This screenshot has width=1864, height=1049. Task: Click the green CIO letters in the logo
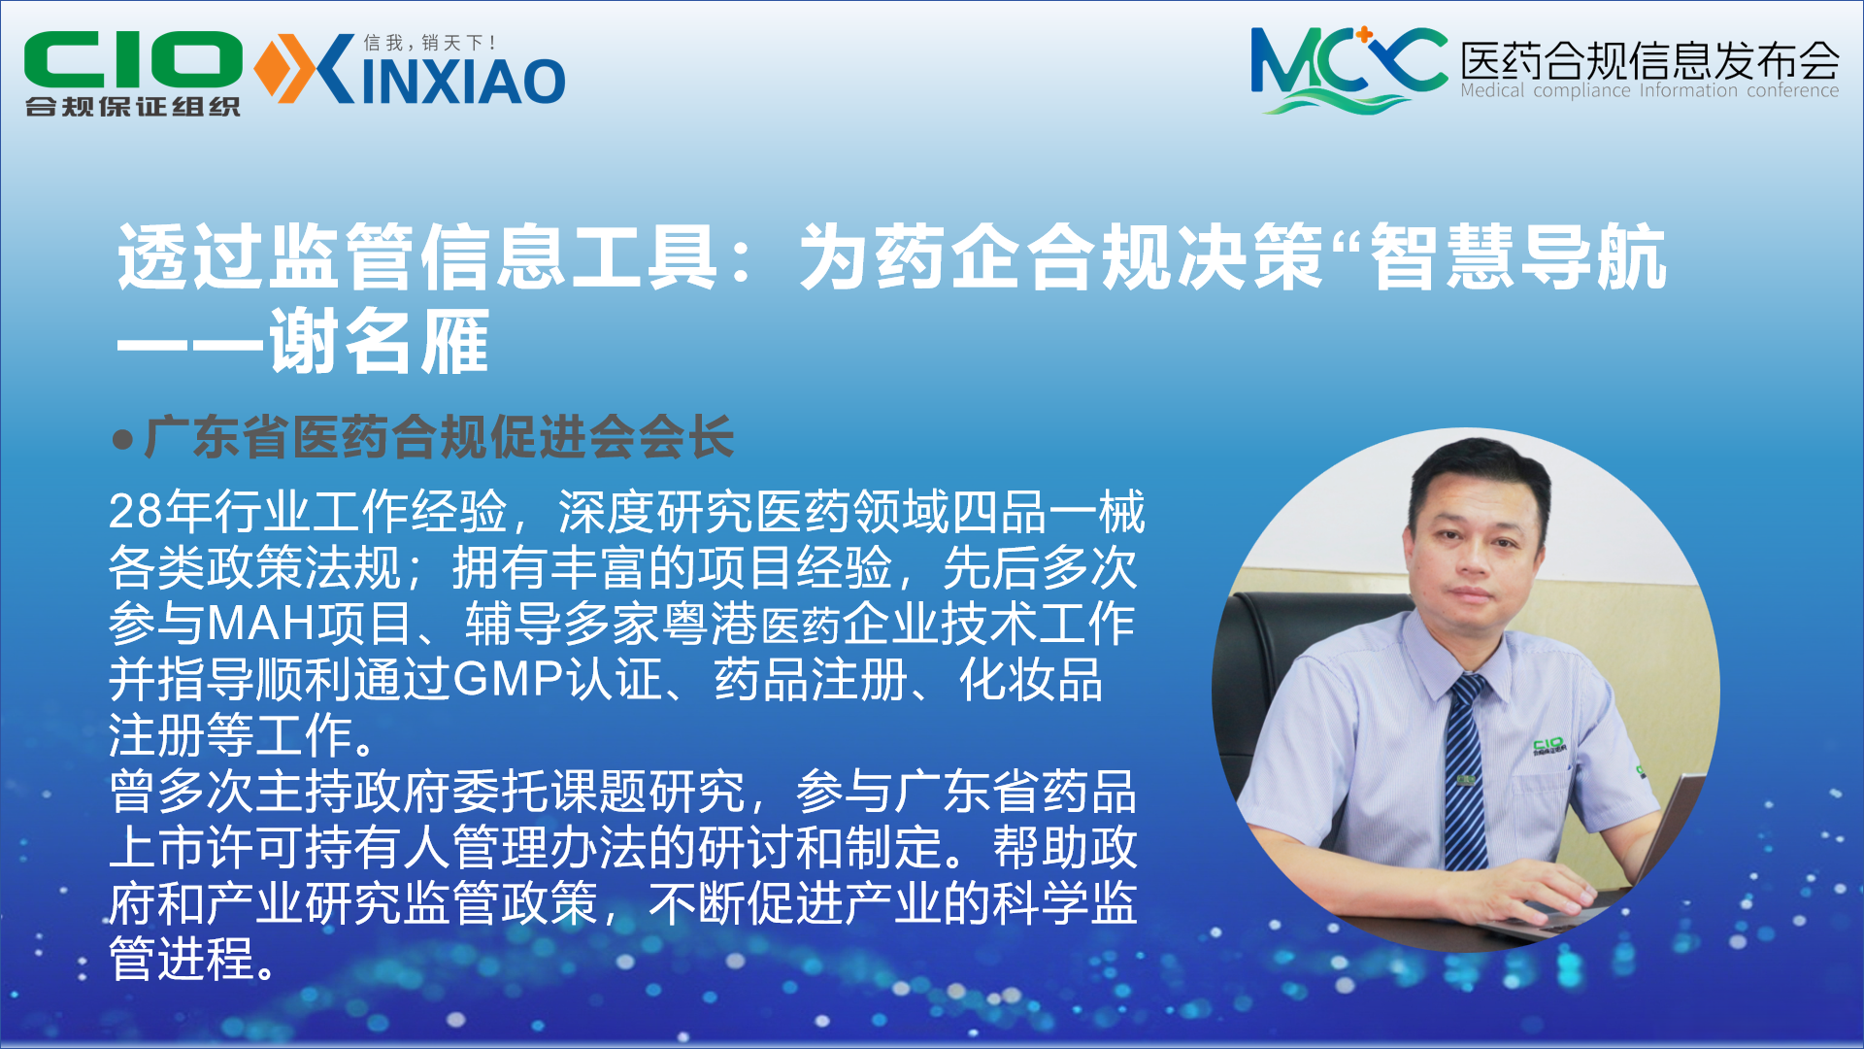pyautogui.click(x=133, y=59)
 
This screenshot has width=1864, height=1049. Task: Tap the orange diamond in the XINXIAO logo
pyautogui.click(x=272, y=68)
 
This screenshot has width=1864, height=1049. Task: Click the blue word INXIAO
pyautogui.click(x=464, y=82)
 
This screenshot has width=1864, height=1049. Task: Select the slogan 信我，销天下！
pyautogui.click(x=430, y=43)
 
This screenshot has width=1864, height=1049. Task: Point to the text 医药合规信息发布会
pyautogui.click(x=1649, y=60)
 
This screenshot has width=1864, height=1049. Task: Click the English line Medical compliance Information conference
pyautogui.click(x=1649, y=90)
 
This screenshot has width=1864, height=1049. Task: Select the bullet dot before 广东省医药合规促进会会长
pyautogui.click(x=122, y=439)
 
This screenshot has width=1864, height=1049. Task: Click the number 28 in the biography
pyautogui.click(x=136, y=511)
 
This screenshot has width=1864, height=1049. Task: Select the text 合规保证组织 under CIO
pyautogui.click(x=133, y=106)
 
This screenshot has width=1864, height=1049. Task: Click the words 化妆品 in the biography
pyautogui.click(x=1031, y=679)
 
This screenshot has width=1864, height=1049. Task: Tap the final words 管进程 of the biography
pyautogui.click(x=182, y=960)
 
